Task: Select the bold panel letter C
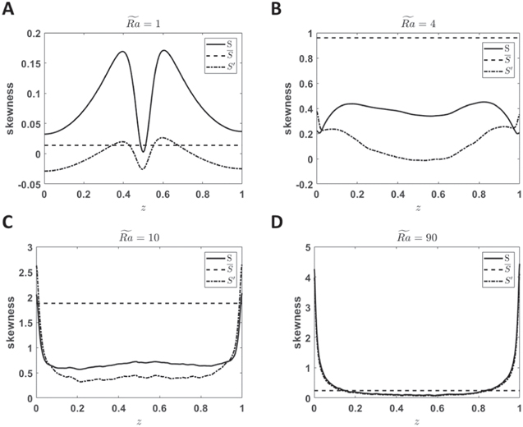click(x=7, y=222)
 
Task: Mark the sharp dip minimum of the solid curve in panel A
click(x=144, y=151)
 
